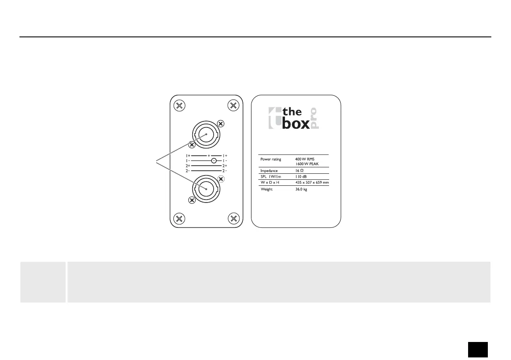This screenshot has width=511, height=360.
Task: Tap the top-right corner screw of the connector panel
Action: coord(233,106)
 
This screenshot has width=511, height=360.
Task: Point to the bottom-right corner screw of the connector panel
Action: coord(233,219)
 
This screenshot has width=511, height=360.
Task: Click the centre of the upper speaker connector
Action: coord(206,134)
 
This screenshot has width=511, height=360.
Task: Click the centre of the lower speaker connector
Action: coord(206,189)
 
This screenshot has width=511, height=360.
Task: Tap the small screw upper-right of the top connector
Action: coord(221,124)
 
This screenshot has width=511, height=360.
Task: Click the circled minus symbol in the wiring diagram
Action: coord(213,160)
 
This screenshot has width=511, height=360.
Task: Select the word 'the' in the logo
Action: coord(292,112)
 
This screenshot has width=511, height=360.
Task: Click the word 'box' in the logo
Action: coord(294,124)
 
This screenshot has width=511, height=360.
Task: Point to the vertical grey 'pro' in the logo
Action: coord(314,118)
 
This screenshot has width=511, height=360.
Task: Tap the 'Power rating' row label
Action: coord(271,159)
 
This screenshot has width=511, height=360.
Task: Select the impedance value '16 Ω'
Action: coord(300,170)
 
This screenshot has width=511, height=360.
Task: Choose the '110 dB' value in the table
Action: coord(301,176)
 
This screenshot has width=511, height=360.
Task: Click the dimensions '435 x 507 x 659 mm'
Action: coord(312,182)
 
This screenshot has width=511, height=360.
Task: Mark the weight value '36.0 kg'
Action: coord(301,189)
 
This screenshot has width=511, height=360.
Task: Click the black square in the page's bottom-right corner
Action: coord(478,349)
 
